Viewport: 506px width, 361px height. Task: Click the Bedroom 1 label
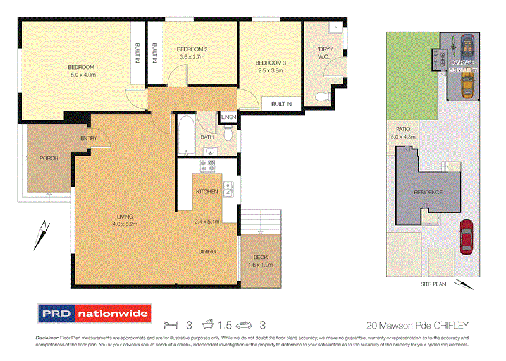(83, 67)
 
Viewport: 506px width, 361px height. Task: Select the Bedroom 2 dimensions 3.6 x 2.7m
(192, 57)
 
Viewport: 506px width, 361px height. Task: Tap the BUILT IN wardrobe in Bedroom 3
(281, 104)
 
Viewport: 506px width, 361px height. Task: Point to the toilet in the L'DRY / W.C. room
(323, 97)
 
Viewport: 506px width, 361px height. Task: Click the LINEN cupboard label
(228, 117)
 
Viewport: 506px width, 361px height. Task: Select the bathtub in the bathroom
(187, 134)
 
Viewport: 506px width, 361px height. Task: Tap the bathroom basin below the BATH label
(211, 150)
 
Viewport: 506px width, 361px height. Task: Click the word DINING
(207, 251)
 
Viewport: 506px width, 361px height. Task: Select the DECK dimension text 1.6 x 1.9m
(259, 265)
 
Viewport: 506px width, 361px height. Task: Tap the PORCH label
(49, 158)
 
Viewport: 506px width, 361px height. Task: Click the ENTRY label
(88, 139)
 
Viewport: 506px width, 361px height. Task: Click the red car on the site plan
(466, 235)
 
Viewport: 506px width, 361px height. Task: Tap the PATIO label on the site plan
(403, 129)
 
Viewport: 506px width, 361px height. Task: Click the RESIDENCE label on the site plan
(428, 192)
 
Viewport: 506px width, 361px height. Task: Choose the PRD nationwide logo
(94, 313)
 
